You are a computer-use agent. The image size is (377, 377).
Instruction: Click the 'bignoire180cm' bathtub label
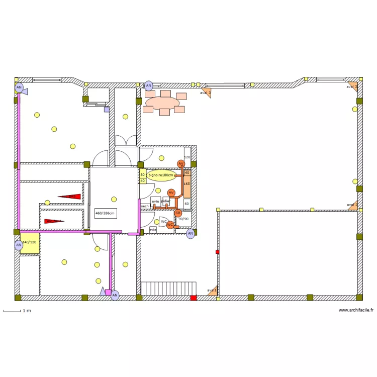pos(161,175)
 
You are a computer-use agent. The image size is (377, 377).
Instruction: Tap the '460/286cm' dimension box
pos(106,213)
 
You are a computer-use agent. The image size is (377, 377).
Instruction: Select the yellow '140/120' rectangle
pos(29,244)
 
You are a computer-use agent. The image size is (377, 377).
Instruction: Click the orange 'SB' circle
pos(177,213)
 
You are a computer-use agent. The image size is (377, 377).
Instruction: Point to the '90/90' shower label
pos(183,219)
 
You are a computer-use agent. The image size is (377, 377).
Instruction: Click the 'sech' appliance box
pos(145,206)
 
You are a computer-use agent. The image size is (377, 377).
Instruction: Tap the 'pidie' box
pos(165,202)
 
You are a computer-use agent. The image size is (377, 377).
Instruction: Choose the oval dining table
pos(162,103)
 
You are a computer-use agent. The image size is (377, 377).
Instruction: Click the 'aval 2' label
pos(352,205)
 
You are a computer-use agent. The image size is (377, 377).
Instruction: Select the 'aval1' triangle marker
pos(213,290)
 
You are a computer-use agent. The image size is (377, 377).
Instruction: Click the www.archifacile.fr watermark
pos(356,310)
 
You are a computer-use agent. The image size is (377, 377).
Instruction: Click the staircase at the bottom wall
pos(168,288)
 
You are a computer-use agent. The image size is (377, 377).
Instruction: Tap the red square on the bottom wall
pos(194,298)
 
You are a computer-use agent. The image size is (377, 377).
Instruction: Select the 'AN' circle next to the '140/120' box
pos(19,245)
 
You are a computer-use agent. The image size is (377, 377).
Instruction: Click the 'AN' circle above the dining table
pos(148,85)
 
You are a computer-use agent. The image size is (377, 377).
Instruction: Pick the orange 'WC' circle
pos(170,225)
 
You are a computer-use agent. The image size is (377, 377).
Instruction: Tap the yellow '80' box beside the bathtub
pos(142,174)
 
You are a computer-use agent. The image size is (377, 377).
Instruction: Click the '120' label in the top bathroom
pos(187,157)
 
